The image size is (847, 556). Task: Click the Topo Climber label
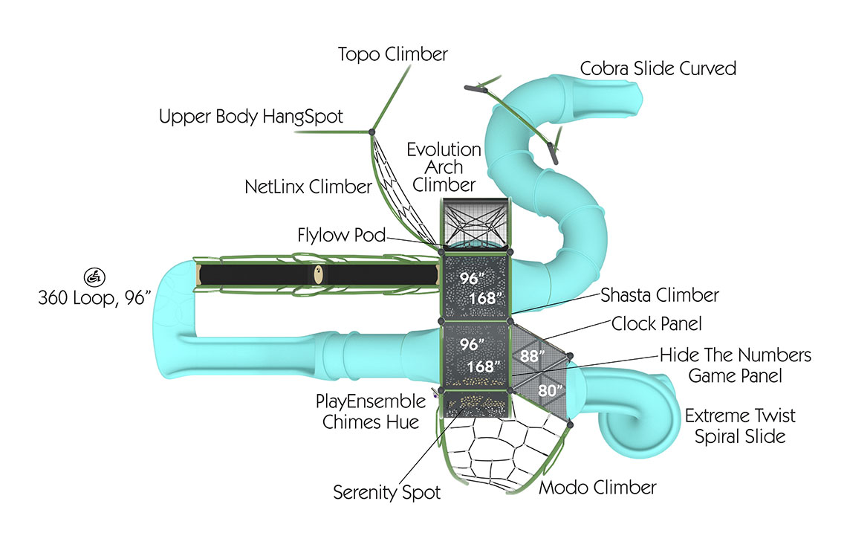(x=392, y=54)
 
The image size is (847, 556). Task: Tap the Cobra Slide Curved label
(x=658, y=69)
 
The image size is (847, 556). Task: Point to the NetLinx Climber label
(x=308, y=187)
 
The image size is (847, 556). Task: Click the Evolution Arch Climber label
(x=444, y=167)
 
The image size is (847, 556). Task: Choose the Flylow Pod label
(x=342, y=236)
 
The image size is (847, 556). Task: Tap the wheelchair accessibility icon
(x=94, y=277)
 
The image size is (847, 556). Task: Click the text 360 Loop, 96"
(x=94, y=298)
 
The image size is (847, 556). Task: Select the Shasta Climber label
(x=660, y=295)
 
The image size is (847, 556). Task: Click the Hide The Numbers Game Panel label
(x=735, y=365)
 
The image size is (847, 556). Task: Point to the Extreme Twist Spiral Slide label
(x=739, y=425)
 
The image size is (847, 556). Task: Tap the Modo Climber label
(x=597, y=488)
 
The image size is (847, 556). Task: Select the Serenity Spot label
(x=386, y=492)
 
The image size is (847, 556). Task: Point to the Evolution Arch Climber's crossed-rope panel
(x=476, y=222)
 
